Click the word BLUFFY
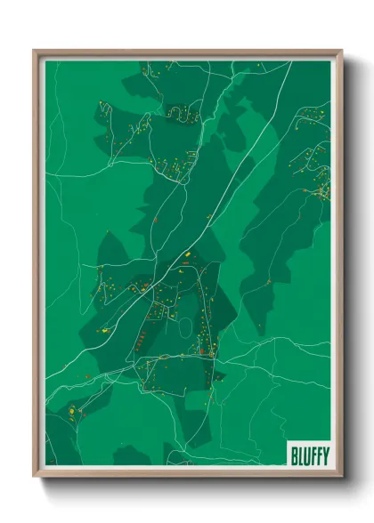tap(308, 454)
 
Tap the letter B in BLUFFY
tap(294, 454)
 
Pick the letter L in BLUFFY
tap(299, 454)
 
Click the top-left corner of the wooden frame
tap(35, 51)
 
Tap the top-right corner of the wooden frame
tap(341, 51)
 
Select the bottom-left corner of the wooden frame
tap(35, 476)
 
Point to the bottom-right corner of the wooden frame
tap(341, 476)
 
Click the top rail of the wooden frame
tap(187, 53)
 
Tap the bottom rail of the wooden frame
tap(187, 472)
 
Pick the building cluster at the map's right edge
tap(318, 178)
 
